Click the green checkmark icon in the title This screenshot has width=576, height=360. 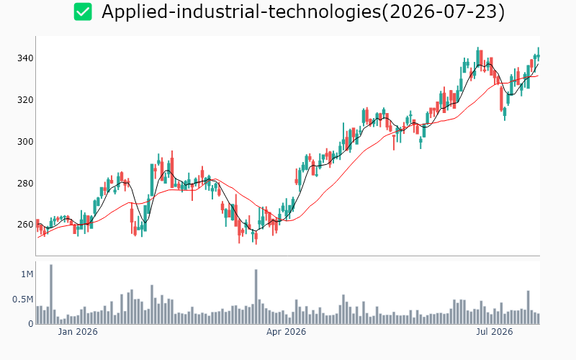[x=83, y=12]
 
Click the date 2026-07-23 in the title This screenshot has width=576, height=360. [x=444, y=12]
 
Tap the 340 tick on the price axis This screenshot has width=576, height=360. [x=25, y=58]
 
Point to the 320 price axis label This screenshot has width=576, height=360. [x=25, y=100]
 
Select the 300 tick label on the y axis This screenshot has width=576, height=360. [x=25, y=141]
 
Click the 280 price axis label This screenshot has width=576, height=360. [x=25, y=183]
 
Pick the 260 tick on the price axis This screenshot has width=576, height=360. [x=25, y=225]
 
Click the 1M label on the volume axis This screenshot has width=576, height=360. [x=27, y=274]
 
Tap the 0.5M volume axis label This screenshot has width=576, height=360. [x=23, y=300]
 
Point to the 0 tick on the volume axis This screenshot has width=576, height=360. [x=31, y=324]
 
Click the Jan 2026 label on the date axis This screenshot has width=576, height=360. [x=78, y=332]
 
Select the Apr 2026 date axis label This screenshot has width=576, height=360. [x=286, y=332]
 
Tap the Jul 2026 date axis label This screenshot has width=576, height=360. [x=495, y=332]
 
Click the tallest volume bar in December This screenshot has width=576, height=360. [x=51, y=294]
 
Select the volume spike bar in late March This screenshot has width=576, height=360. [x=256, y=297]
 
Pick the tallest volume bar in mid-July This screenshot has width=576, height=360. [x=528, y=307]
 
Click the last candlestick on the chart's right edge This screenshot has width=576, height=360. [x=539, y=55]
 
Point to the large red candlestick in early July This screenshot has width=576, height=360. [x=501, y=99]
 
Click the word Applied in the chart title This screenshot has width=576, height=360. [x=134, y=12]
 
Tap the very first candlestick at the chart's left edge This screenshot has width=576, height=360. [x=37, y=225]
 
